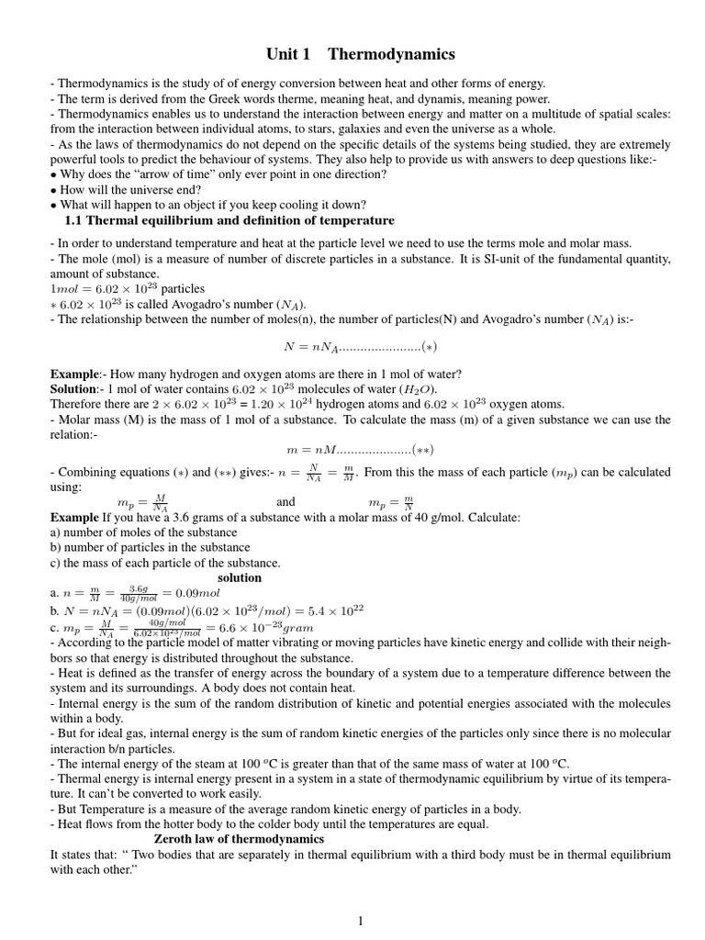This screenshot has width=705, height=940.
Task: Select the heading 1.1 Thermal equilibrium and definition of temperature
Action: [x=229, y=220]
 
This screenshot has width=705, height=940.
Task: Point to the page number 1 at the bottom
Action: [x=361, y=921]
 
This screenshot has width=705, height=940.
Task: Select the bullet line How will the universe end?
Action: [x=118, y=190]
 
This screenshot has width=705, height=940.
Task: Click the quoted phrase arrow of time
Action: [x=152, y=174]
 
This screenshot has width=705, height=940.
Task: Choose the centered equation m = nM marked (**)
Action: [x=360, y=449]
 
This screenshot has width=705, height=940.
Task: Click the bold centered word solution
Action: [x=239, y=577]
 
